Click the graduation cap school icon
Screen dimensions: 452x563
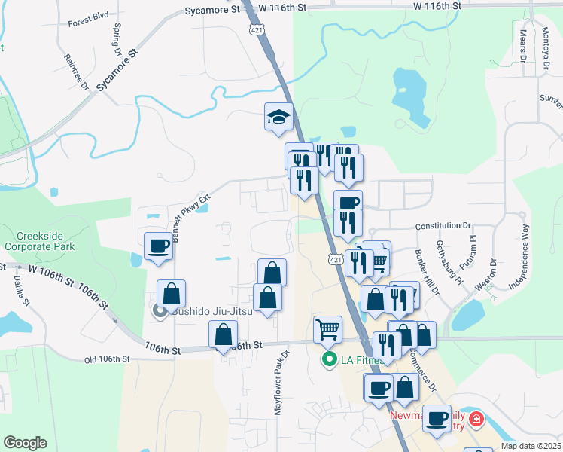tap(278, 118)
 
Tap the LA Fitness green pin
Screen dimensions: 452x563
tap(329, 360)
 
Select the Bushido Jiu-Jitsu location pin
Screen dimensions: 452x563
tap(159, 310)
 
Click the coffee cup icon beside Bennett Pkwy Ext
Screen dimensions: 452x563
tap(159, 246)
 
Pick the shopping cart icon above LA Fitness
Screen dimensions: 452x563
tap(327, 328)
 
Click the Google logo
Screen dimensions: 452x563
tap(25, 443)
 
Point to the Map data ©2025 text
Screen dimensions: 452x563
tap(531, 446)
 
